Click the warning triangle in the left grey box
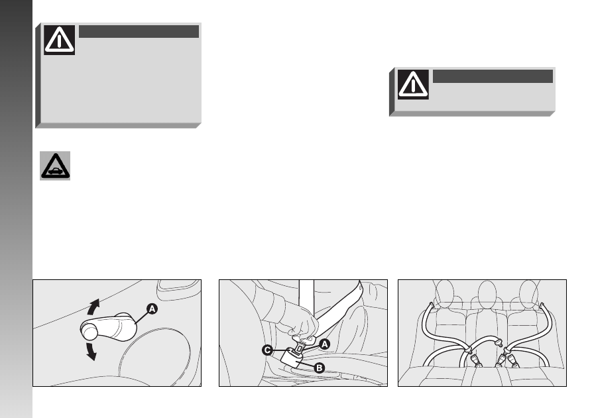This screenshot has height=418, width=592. (59, 40)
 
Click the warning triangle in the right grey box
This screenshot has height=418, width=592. (413, 84)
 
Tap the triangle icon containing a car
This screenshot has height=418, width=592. (55, 166)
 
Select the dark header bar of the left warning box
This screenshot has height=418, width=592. (139, 31)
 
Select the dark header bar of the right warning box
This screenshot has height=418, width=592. (493, 76)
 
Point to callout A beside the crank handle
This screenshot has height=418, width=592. (152, 309)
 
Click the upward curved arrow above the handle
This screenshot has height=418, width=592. (93, 307)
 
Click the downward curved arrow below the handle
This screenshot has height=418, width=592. (91, 351)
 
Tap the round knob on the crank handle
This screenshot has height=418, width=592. (90, 332)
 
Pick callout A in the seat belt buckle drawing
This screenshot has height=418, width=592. (324, 344)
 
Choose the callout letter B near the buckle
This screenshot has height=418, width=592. (319, 368)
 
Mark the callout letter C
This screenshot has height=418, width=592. (267, 350)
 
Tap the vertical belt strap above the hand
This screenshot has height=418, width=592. (306, 297)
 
